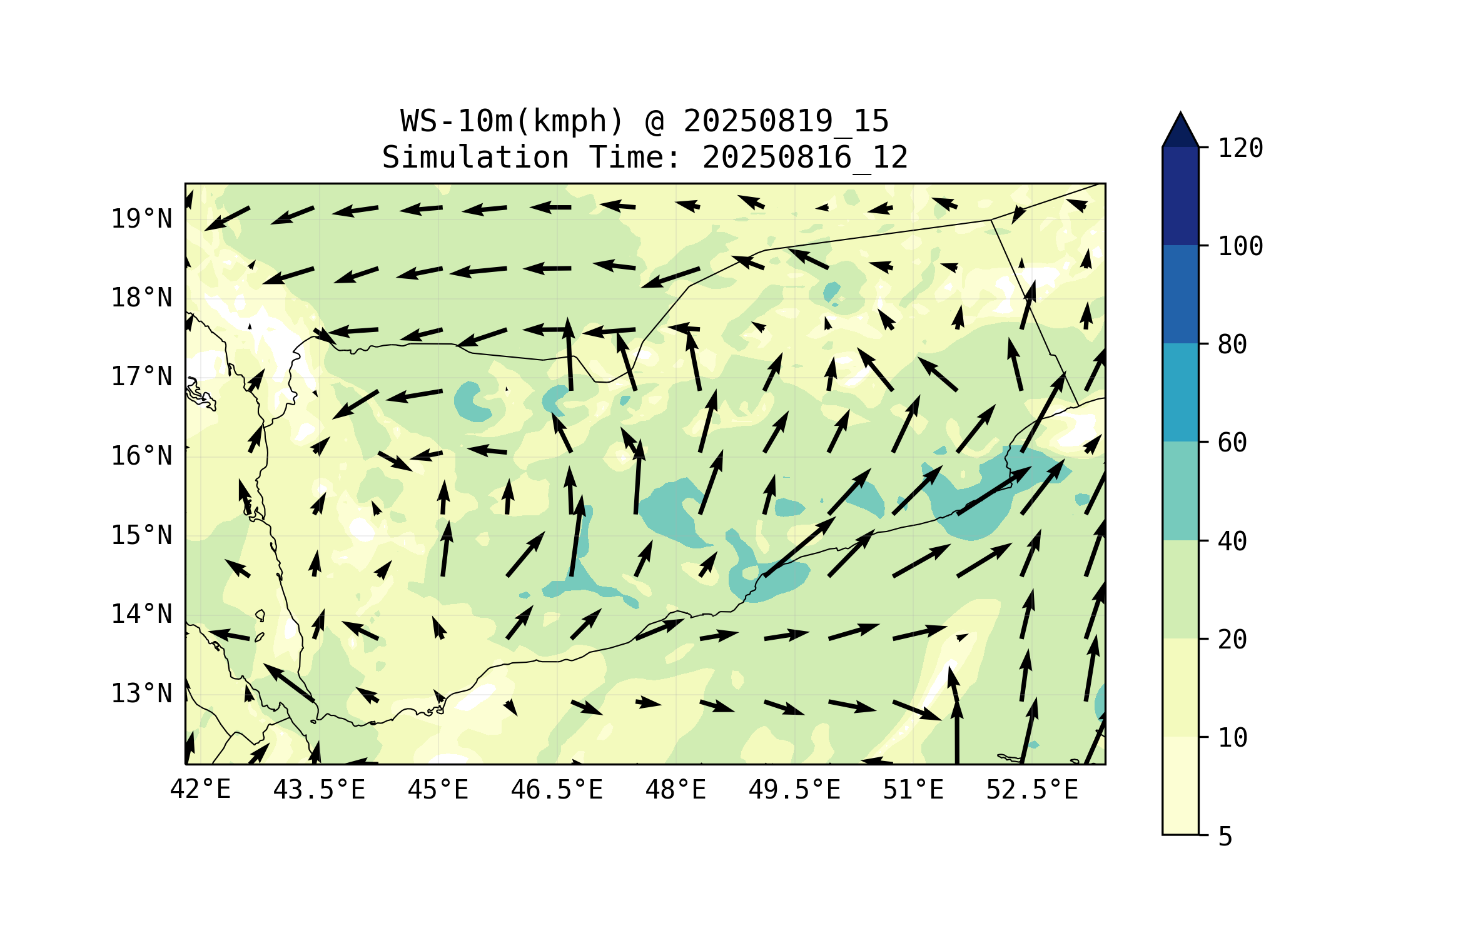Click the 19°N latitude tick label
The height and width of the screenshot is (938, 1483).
[141, 219]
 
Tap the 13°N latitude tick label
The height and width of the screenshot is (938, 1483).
[141, 693]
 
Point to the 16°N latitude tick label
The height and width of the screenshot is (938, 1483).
[141, 456]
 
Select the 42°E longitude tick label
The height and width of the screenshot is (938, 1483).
[200, 790]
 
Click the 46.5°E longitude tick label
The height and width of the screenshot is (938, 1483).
[557, 790]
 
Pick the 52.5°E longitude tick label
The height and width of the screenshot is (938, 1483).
[1032, 790]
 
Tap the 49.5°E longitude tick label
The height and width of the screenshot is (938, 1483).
[794, 790]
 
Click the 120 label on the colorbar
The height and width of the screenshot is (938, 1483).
[1240, 148]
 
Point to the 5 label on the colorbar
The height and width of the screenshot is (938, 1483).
[1225, 837]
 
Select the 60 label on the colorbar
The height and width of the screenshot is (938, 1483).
[1232, 443]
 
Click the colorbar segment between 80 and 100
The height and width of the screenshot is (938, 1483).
[1180, 294]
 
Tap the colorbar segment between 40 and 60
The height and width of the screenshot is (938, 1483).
[1180, 491]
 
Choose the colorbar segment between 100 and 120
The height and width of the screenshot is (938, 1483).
[1180, 196]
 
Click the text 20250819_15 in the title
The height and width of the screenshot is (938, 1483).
[786, 121]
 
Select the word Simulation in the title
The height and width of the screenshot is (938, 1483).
[475, 158]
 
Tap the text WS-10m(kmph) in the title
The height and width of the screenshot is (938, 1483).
[512, 121]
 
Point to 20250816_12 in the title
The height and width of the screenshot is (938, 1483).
[805, 158]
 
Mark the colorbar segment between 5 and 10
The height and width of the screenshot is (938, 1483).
[1180, 785]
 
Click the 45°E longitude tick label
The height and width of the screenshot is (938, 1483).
[438, 790]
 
